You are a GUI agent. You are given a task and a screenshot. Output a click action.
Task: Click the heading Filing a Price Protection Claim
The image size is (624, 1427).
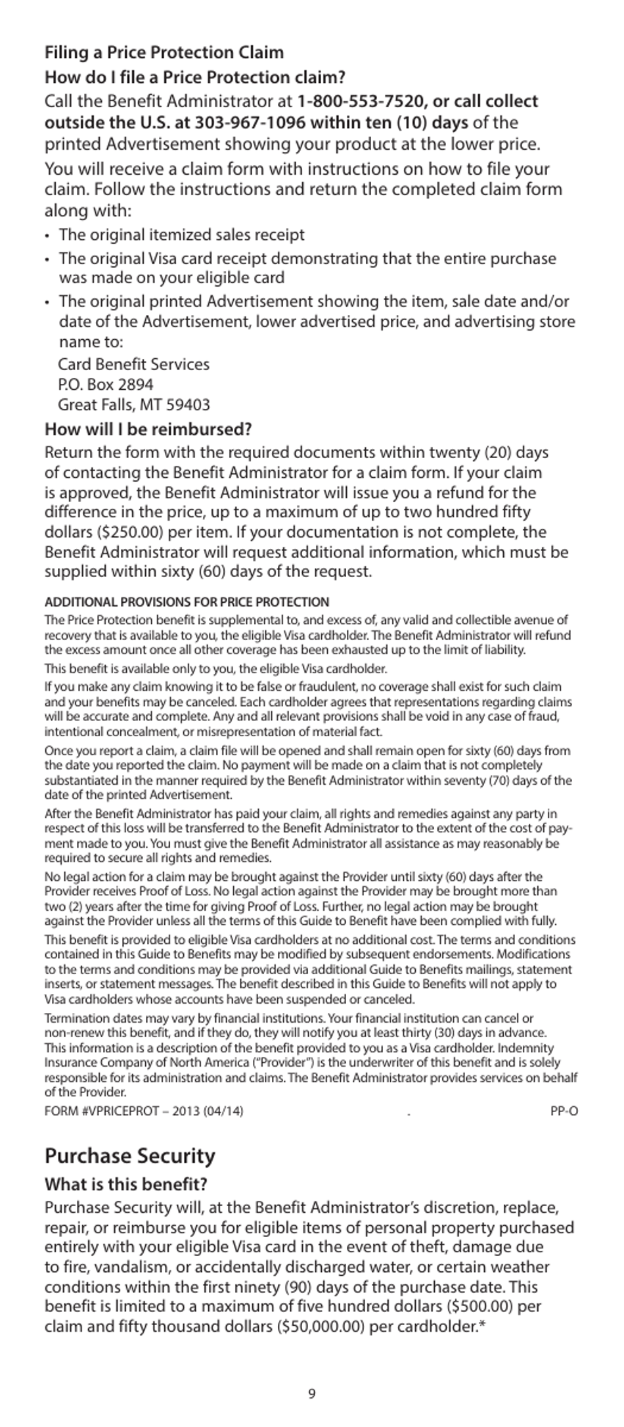pyautogui.click(x=164, y=53)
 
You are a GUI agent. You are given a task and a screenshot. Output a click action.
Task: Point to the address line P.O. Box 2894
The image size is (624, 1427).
pyautogui.click(x=106, y=385)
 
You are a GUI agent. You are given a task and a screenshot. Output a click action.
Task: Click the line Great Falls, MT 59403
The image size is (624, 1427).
pyautogui.click(x=134, y=405)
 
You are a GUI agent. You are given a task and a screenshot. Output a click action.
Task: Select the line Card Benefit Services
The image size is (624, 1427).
pyautogui.click(x=134, y=364)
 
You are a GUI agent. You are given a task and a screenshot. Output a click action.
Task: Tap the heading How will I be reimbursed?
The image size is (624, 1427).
pyautogui.click(x=148, y=430)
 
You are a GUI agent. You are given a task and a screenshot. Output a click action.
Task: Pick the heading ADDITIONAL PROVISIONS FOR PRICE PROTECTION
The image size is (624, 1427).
pyautogui.click(x=187, y=602)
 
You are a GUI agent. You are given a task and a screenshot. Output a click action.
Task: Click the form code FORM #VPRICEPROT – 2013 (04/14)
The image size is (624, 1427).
pyautogui.click(x=144, y=1111)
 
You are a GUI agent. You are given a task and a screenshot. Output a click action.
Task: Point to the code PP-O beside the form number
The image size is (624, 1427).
pyautogui.click(x=564, y=1111)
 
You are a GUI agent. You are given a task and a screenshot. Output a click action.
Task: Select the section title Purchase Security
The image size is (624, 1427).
pyautogui.click(x=130, y=1156)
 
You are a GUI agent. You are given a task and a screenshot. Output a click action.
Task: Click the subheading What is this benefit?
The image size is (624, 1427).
pyautogui.click(x=126, y=1184)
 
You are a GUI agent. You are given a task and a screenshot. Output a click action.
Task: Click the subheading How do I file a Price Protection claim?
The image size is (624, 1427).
pyautogui.click(x=195, y=78)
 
